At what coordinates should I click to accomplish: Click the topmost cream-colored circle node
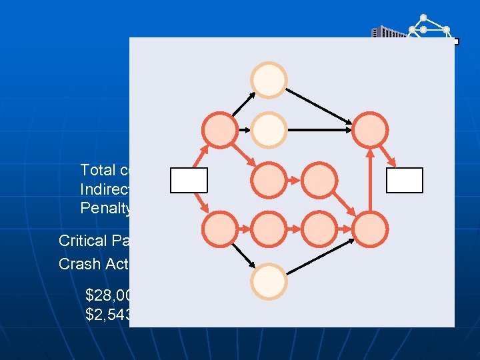pos(269,80)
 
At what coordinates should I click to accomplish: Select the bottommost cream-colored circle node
pos(269,280)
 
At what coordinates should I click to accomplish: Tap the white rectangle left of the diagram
pos(189,180)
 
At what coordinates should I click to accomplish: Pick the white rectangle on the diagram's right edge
pos(404,180)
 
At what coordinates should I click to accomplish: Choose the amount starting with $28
pos(107,293)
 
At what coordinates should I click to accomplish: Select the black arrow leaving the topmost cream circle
pos(320,103)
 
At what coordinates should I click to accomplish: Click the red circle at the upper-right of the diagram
pos(370,129)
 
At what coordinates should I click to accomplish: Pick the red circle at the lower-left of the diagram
pos(219,229)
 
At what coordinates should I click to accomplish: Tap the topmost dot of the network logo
pos(423,17)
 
